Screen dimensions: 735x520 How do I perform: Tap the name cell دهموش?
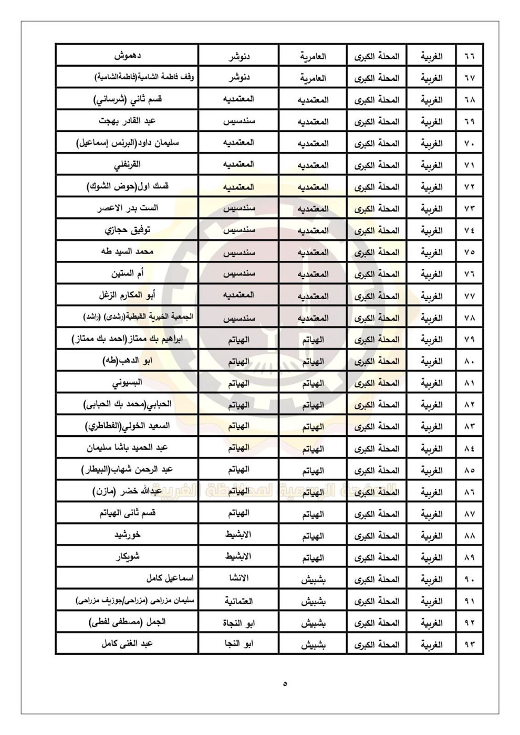click(127, 56)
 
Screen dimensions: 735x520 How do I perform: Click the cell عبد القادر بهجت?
click(127, 121)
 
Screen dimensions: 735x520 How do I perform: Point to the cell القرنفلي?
click(127, 165)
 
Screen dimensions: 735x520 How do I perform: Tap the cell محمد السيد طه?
click(127, 251)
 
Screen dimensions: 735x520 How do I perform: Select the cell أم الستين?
click(127, 274)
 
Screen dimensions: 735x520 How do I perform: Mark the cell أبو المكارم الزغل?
click(127, 296)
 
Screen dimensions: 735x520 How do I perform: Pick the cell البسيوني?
click(127, 383)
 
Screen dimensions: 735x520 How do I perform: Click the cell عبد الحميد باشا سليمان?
click(127, 448)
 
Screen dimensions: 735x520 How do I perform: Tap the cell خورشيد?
click(127, 535)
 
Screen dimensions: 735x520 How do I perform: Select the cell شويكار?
click(127, 558)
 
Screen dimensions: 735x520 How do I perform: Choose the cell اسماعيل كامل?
click(170, 579)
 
